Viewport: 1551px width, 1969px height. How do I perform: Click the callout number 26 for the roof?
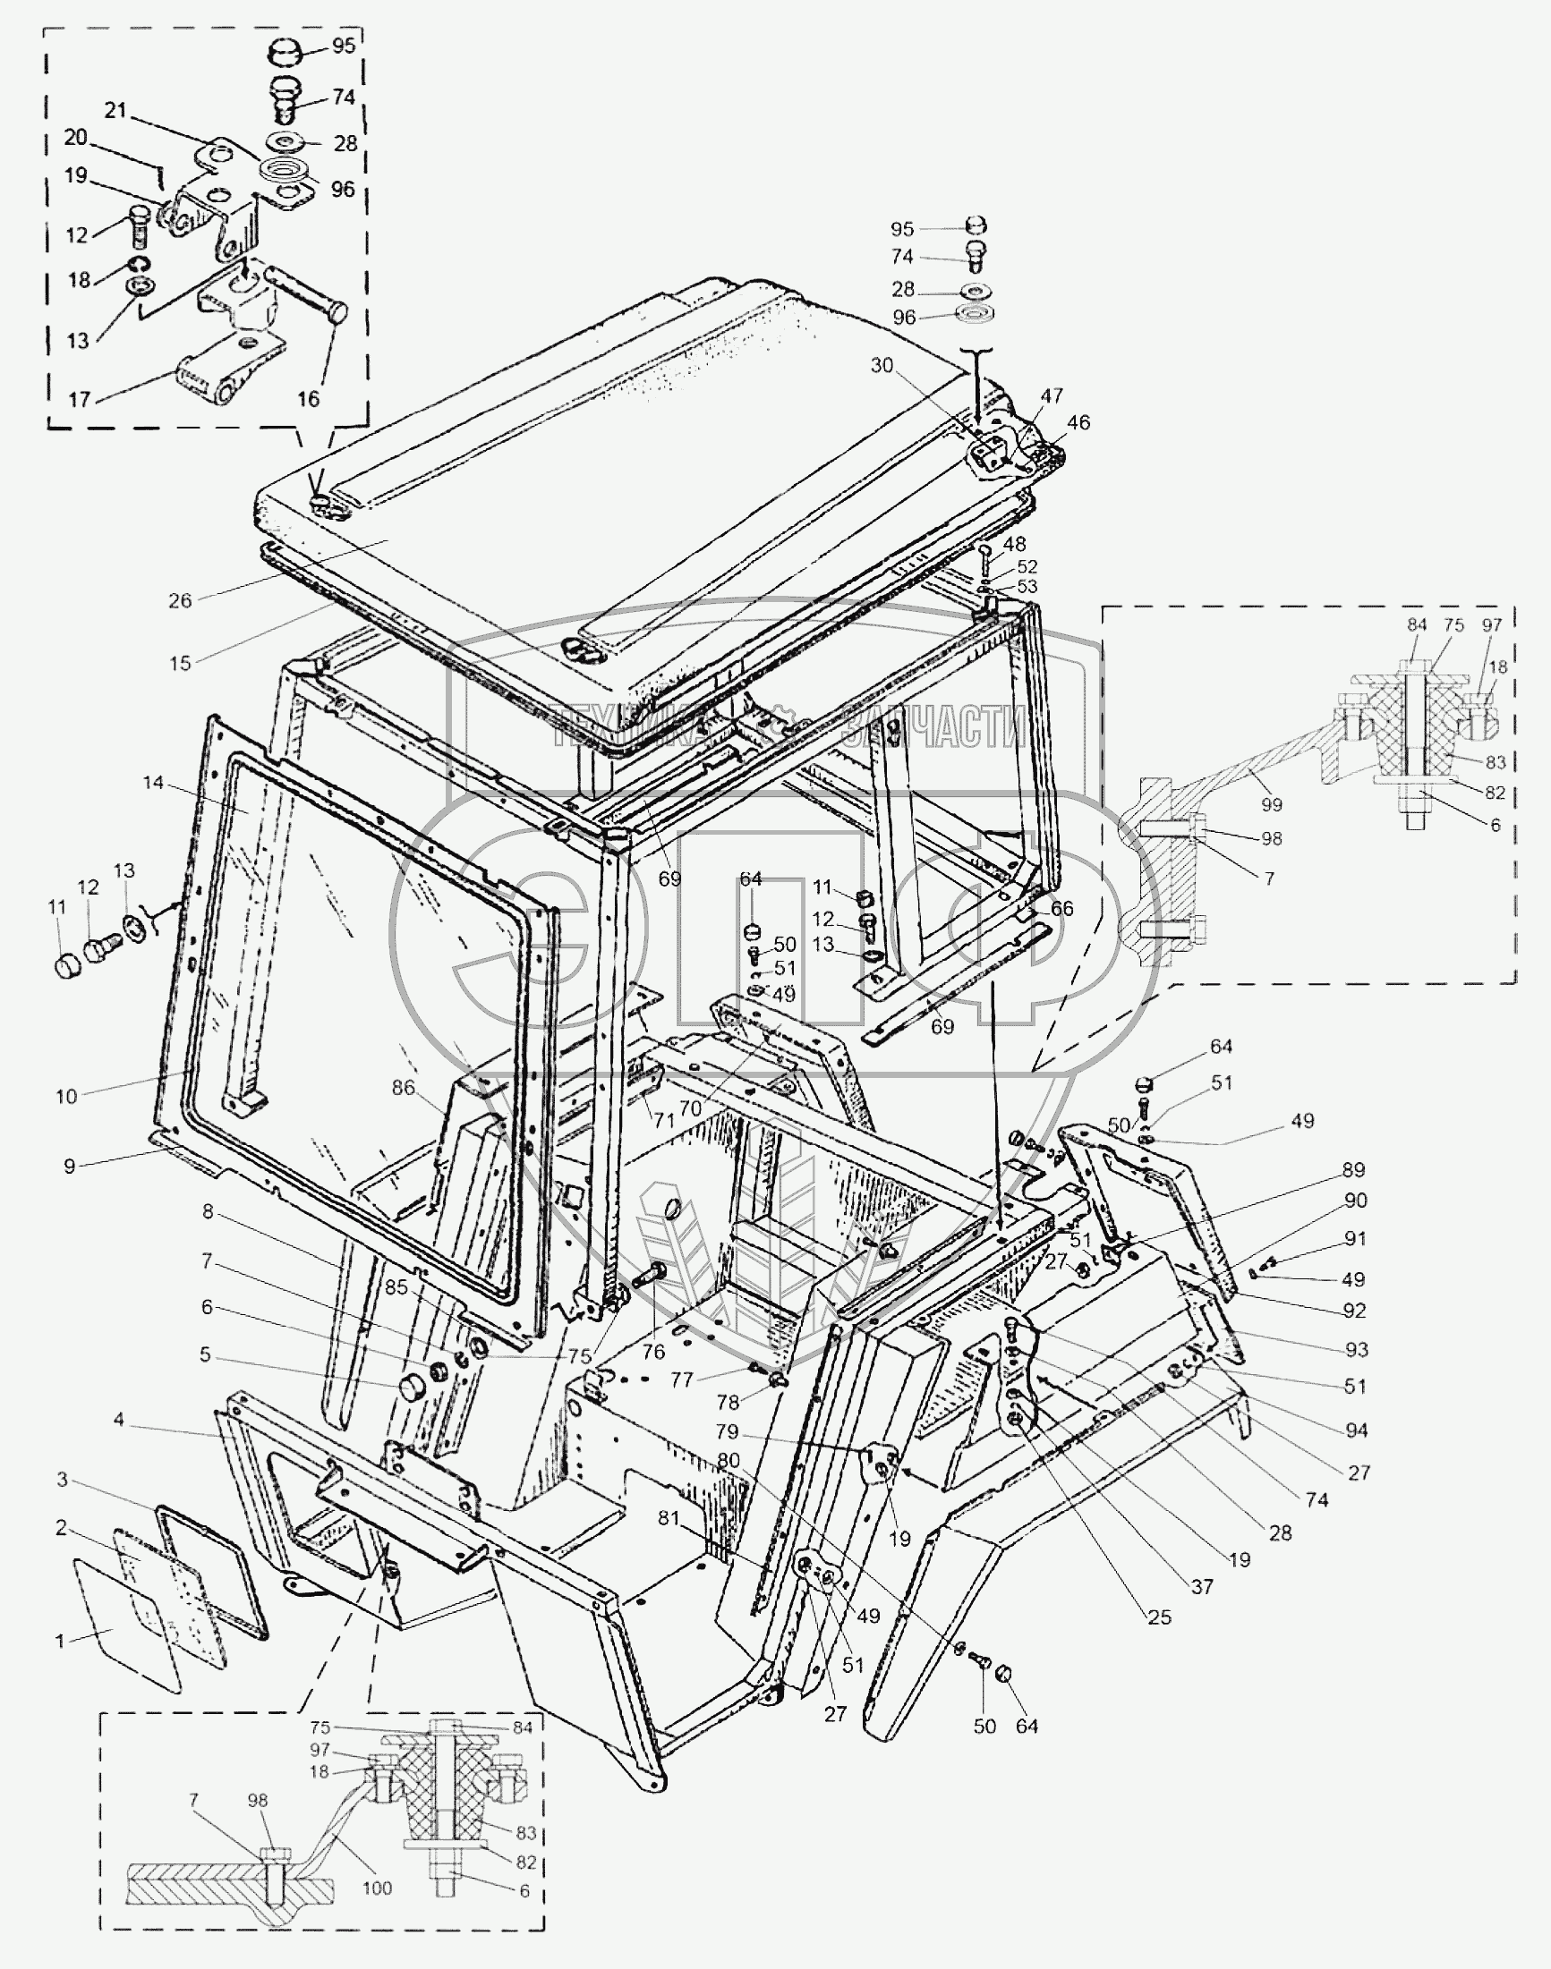[180, 600]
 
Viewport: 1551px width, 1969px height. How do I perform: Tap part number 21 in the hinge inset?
[115, 111]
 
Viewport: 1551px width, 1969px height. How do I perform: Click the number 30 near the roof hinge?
[882, 365]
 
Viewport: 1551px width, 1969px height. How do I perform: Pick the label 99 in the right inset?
[1271, 804]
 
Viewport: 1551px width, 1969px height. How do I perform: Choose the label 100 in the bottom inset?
[377, 1888]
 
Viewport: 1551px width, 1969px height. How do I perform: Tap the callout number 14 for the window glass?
[152, 783]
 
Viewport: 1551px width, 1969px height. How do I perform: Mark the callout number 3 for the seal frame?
[62, 1480]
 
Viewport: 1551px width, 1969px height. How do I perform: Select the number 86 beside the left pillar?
[403, 1088]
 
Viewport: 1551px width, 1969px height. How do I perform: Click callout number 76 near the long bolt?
[653, 1352]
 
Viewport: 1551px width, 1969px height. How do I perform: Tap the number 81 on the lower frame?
[669, 1518]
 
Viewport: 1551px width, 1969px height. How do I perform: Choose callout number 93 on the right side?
[1356, 1350]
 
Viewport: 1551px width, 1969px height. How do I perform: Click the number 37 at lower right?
[1201, 1586]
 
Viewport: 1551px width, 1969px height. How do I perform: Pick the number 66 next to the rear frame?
[1061, 909]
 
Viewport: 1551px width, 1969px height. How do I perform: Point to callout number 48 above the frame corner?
[1014, 544]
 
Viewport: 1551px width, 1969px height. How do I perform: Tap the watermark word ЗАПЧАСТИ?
[935, 727]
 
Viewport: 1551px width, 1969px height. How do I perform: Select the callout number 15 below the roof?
[180, 663]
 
